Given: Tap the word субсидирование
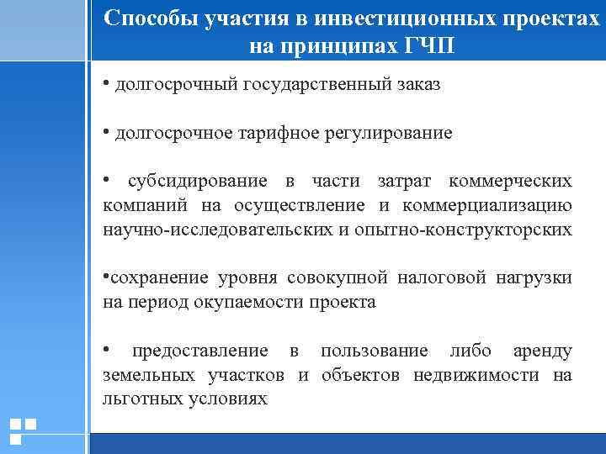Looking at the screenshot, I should tap(198, 182).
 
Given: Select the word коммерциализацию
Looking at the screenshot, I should tap(488, 205).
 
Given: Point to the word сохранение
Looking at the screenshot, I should tap(157, 277).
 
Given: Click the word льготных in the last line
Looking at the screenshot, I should tap(141, 399).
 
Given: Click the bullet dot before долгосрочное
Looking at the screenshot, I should tap(108, 132).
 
